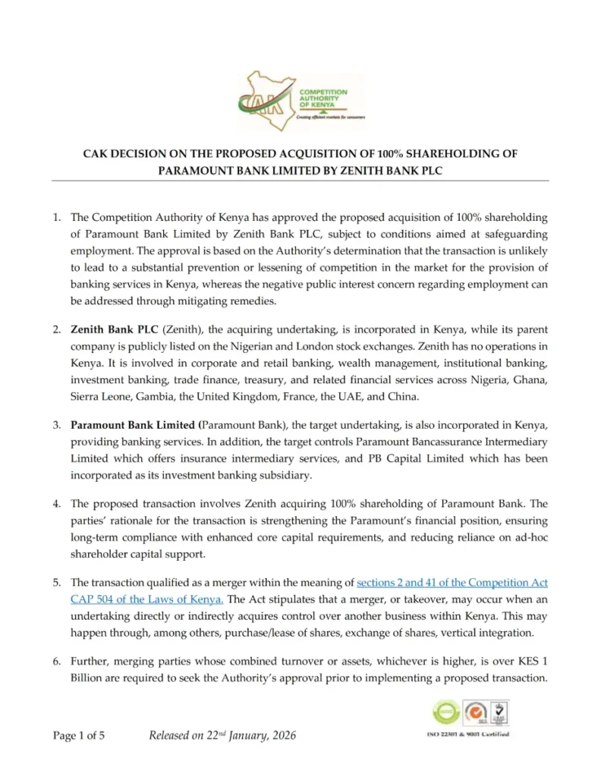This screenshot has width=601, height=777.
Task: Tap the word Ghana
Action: [530, 378]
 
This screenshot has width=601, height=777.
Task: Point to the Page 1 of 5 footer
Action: [79, 735]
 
